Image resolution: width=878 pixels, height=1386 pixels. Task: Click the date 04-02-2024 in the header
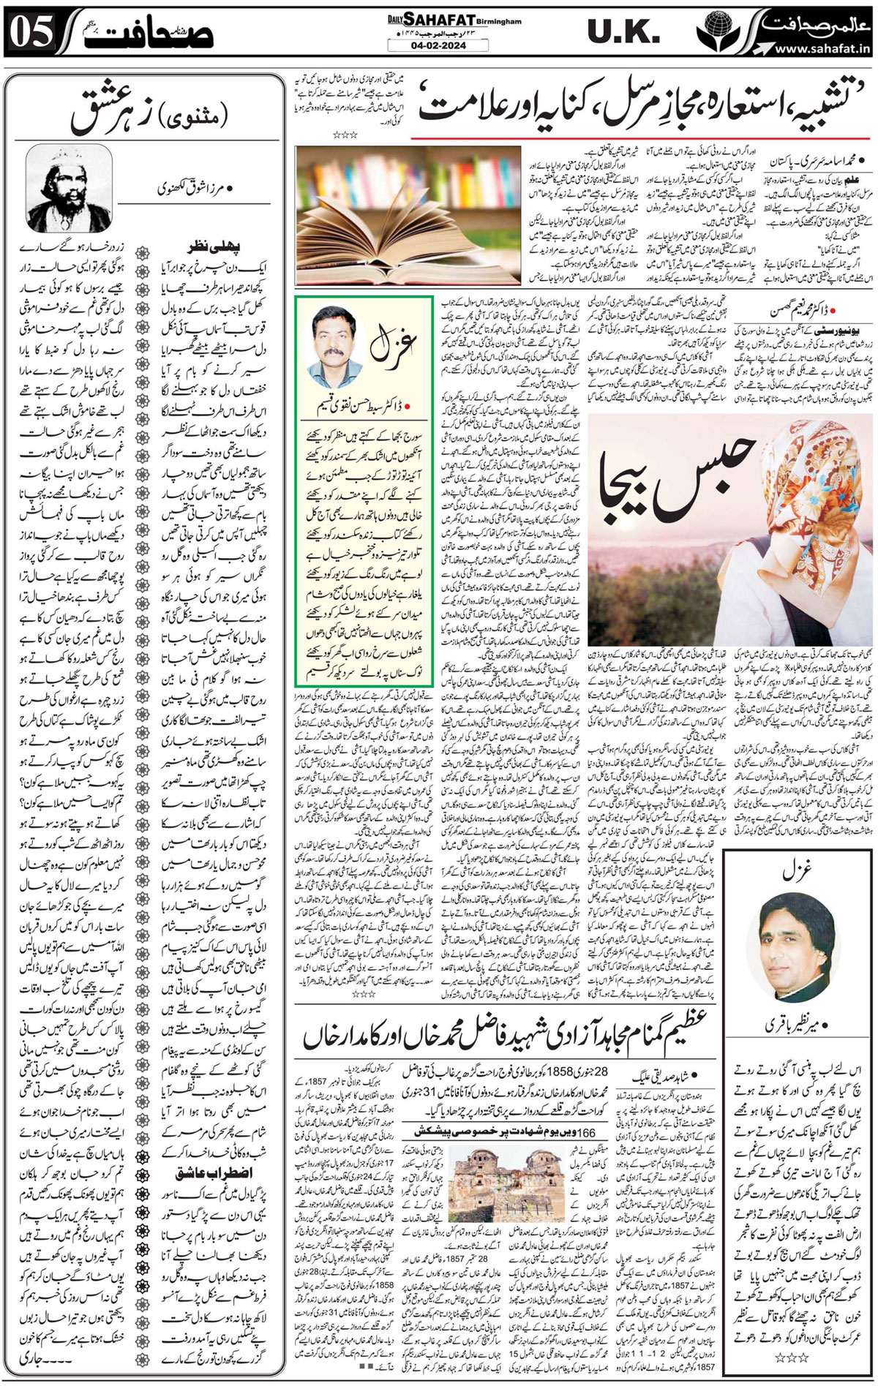[x=439, y=45]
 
